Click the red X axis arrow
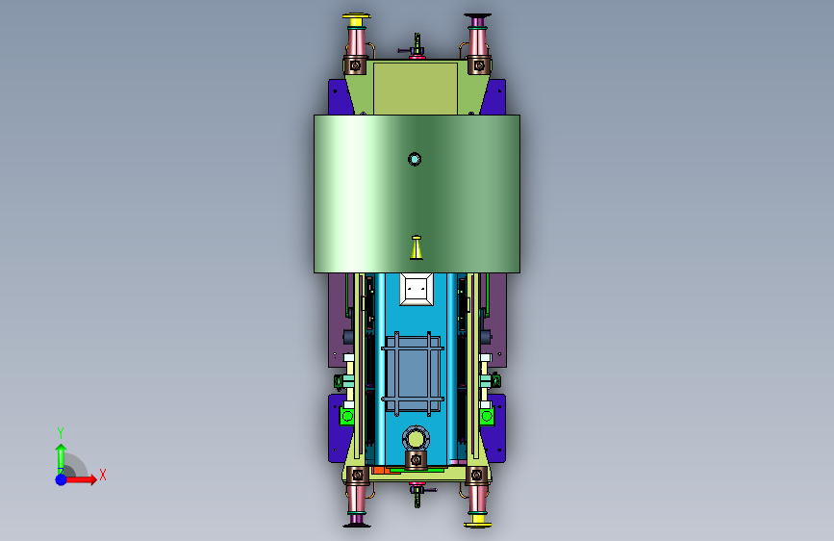click(x=81, y=479)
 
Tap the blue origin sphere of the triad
click(x=62, y=479)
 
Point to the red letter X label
click(x=103, y=475)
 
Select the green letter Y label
click(x=61, y=432)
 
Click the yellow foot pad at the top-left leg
click(x=356, y=17)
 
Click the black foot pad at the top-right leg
click(x=478, y=16)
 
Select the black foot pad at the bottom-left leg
click(x=356, y=526)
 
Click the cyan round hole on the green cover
click(x=415, y=159)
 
